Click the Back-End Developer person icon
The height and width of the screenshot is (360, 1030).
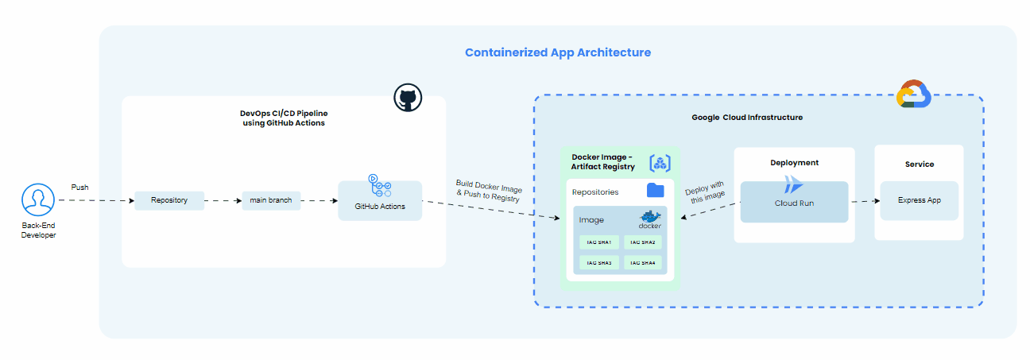click(x=38, y=200)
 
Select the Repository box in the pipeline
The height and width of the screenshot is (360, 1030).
click(x=169, y=200)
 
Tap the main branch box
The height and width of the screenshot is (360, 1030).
click(x=271, y=200)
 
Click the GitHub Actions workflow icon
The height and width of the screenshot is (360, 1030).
click(x=379, y=187)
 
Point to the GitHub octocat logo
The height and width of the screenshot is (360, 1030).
click(x=408, y=99)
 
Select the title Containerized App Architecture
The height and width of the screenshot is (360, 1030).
click(x=557, y=52)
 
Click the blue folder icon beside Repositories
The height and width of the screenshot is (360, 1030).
click(x=656, y=191)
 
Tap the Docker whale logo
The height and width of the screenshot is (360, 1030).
click(x=649, y=219)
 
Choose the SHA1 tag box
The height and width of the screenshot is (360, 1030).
click(x=598, y=242)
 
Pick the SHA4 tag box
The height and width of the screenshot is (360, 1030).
click(x=643, y=262)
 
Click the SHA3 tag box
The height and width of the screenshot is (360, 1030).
click(x=598, y=262)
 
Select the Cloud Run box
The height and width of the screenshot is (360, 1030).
click(x=794, y=202)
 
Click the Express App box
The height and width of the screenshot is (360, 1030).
click(x=919, y=200)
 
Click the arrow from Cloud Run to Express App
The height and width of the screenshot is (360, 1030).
click(x=864, y=201)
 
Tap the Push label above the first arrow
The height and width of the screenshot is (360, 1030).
click(x=79, y=188)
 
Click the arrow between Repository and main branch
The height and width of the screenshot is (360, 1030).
click(x=223, y=200)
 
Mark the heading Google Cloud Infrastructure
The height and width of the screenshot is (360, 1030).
click(x=746, y=118)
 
